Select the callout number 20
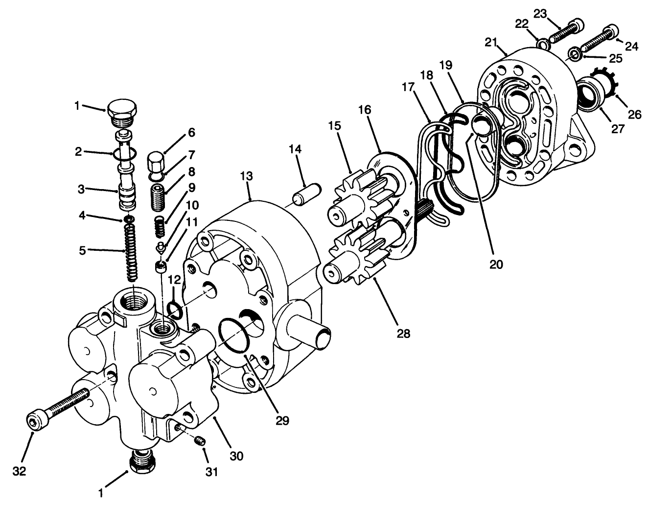(x=496, y=264)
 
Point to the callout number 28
(x=404, y=334)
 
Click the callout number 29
(x=282, y=420)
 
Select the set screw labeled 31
(x=199, y=442)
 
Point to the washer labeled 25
(x=575, y=53)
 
